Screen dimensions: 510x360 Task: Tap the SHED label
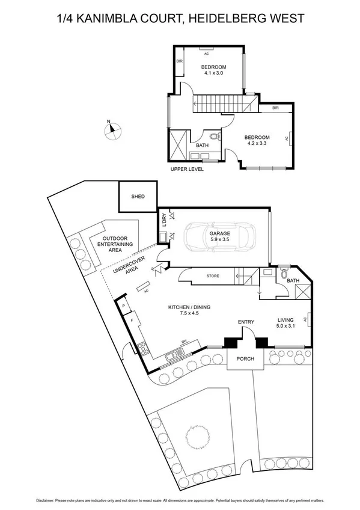pyautogui.click(x=138, y=196)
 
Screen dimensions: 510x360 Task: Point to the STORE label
pyautogui.click(x=213, y=276)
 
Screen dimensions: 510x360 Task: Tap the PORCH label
pyautogui.click(x=245, y=359)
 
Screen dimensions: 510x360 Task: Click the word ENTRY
pyautogui.click(x=246, y=322)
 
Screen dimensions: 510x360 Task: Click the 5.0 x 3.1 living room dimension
pyautogui.click(x=286, y=327)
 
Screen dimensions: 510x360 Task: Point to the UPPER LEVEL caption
pyautogui.click(x=187, y=170)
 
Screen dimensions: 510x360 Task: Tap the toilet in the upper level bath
pyautogui.click(x=215, y=136)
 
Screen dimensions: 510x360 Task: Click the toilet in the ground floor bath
pyautogui.click(x=284, y=273)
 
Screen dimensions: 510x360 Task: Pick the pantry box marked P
pyautogui.click(x=123, y=306)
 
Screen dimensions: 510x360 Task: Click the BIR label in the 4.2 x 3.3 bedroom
pyautogui.click(x=275, y=108)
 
